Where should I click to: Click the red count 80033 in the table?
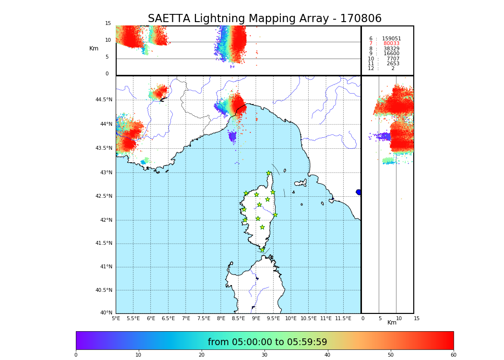(391, 44)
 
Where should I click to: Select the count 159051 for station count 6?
(391, 39)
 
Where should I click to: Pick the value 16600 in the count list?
(391, 54)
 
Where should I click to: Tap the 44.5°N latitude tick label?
(103, 100)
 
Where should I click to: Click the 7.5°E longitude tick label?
(204, 318)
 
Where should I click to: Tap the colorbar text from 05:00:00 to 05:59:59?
(267, 342)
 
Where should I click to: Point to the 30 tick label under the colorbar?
(264, 355)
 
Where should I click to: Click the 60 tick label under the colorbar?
(453, 355)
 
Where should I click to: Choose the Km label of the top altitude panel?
(94, 48)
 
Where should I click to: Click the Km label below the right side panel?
(392, 323)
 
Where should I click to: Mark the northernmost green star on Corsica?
(269, 173)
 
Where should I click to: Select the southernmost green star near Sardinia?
(262, 250)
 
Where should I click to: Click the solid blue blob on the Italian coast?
(359, 192)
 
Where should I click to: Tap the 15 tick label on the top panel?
(108, 24)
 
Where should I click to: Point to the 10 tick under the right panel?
(399, 318)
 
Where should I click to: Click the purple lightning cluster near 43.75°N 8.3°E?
(232, 137)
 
